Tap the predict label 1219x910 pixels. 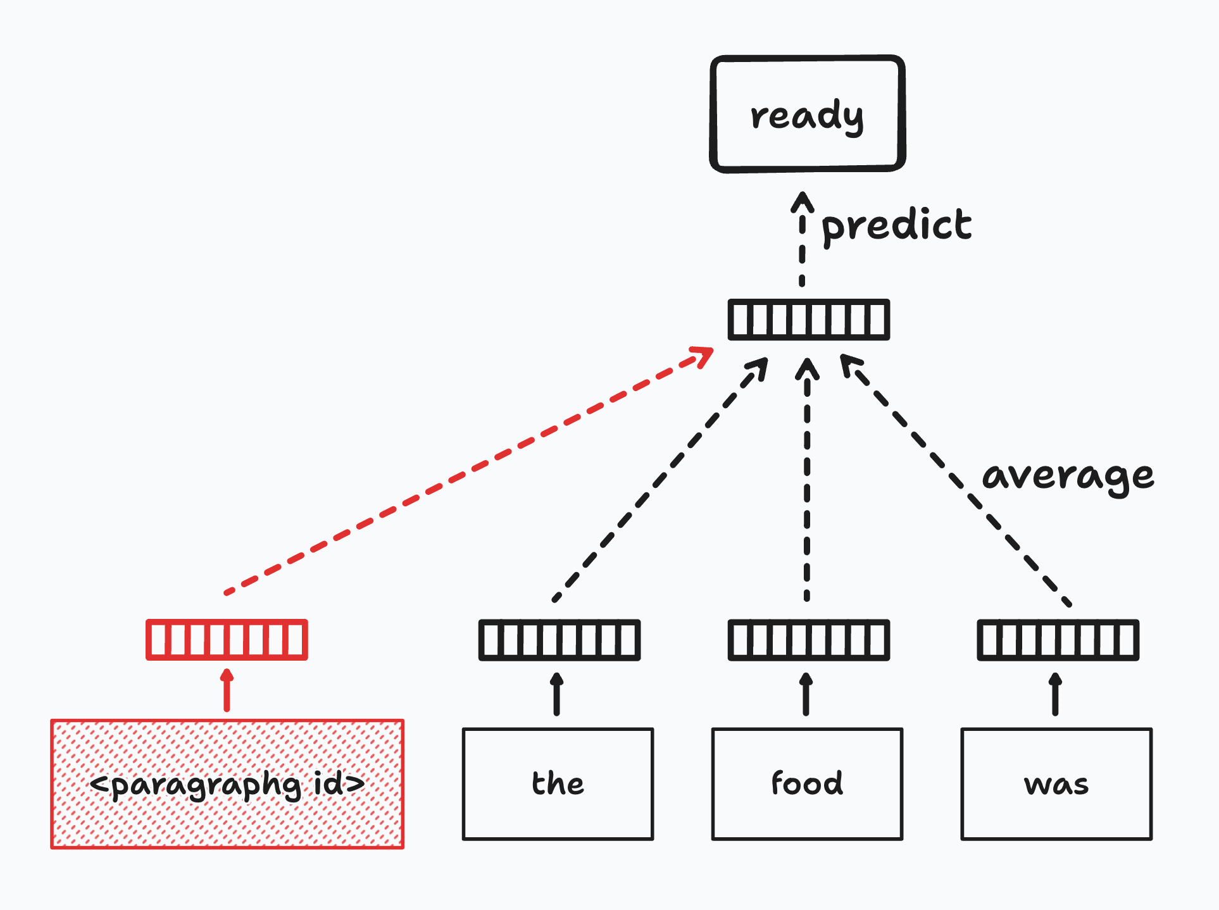(896, 227)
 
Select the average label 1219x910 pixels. (1068, 477)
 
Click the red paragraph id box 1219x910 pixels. (227, 783)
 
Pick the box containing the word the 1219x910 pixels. (558, 784)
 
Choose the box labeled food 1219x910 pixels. (807, 784)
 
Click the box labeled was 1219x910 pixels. (1056, 784)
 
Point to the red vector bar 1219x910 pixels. (227, 640)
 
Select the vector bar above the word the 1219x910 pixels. (559, 640)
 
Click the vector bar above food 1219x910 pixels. (809, 640)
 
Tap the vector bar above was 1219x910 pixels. (1058, 640)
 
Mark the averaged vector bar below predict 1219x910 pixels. (809, 320)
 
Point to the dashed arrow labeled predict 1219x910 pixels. (803, 239)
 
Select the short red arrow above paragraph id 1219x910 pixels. (227, 690)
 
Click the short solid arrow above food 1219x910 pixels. (806, 694)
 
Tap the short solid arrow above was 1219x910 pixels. (1055, 694)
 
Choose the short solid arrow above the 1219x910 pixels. (556, 694)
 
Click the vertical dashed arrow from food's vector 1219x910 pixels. (807, 479)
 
